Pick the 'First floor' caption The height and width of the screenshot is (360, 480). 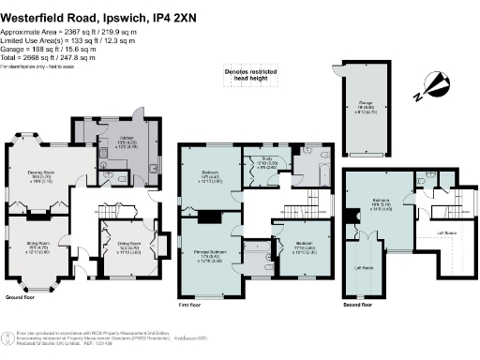191,305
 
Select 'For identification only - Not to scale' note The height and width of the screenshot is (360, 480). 37,67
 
